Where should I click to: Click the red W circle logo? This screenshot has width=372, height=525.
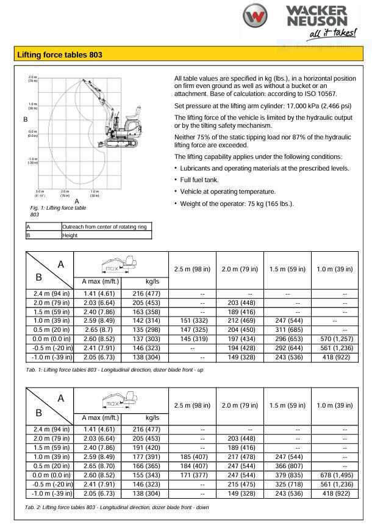(x=254, y=17)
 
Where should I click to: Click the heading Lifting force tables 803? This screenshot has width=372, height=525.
(x=60, y=55)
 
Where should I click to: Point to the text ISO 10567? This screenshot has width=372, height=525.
(x=320, y=94)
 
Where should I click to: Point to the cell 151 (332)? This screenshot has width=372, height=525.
(x=193, y=320)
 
